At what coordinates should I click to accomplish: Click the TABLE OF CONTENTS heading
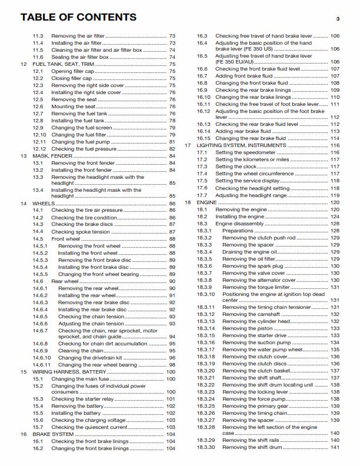[x=78, y=17]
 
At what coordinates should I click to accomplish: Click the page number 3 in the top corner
[x=338, y=19]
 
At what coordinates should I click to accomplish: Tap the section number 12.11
[x=39, y=142]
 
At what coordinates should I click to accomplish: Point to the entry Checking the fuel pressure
[x=84, y=149]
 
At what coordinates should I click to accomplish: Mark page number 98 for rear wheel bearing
[x=172, y=365]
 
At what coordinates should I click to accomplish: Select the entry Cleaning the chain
[x=78, y=351]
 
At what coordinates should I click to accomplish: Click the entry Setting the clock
[x=235, y=167]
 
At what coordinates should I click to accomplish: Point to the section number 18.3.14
[x=206, y=328]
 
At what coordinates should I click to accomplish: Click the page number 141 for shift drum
[x=335, y=448]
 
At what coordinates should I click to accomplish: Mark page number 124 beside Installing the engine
[x=335, y=217]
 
